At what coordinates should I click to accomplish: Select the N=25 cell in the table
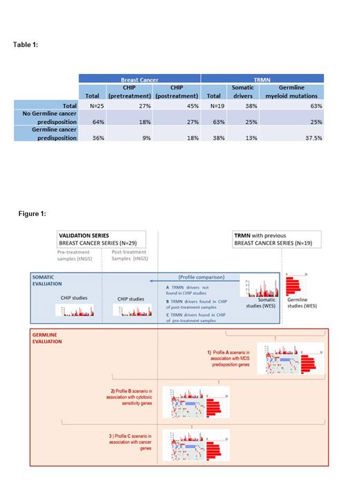tap(91, 105)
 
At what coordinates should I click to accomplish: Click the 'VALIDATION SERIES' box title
tap(84, 235)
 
